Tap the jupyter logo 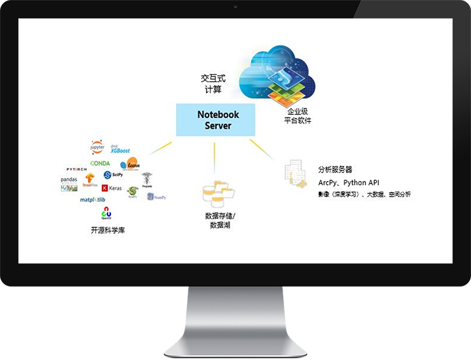(x=97, y=148)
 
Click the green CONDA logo (x=100, y=163)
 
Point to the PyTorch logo (x=77, y=170)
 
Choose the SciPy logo (x=112, y=175)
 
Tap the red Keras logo (x=112, y=188)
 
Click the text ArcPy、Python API (x=349, y=182)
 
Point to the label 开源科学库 (x=108, y=231)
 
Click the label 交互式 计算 (x=212, y=84)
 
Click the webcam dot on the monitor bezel (x=235, y=6)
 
